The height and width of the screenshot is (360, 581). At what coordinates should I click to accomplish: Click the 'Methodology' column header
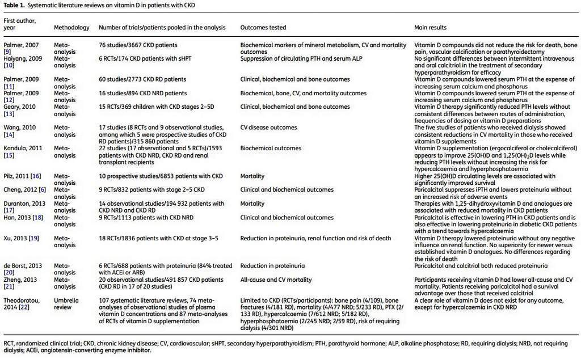pos(71,27)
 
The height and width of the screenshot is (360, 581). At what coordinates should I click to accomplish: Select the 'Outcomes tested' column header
pos(263,27)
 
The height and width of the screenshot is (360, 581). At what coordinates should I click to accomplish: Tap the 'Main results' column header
pos(430,27)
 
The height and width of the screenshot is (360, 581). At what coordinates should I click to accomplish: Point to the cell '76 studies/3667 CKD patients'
pos(138,45)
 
